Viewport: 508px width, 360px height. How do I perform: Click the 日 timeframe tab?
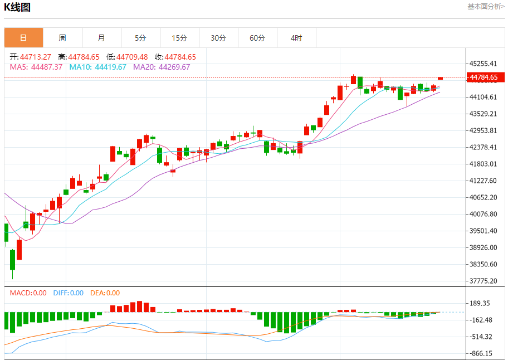click(23, 38)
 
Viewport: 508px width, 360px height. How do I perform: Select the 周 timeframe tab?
click(62, 38)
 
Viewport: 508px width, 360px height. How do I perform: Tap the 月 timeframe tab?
click(101, 38)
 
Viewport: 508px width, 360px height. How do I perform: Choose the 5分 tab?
click(140, 38)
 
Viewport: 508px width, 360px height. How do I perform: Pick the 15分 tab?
click(179, 38)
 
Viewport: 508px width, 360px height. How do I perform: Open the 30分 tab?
click(218, 38)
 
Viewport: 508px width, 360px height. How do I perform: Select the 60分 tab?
click(257, 38)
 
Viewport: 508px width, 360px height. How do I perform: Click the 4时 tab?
click(296, 38)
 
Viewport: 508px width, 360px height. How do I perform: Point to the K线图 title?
click(17, 7)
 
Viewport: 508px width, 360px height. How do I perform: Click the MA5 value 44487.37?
click(47, 67)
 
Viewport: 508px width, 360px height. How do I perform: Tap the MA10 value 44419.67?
click(110, 67)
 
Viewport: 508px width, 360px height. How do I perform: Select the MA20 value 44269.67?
click(174, 67)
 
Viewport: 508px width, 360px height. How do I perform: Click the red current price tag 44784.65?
click(483, 77)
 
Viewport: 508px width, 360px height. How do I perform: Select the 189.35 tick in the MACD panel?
click(480, 303)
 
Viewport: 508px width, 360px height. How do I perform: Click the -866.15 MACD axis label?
click(480, 353)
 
